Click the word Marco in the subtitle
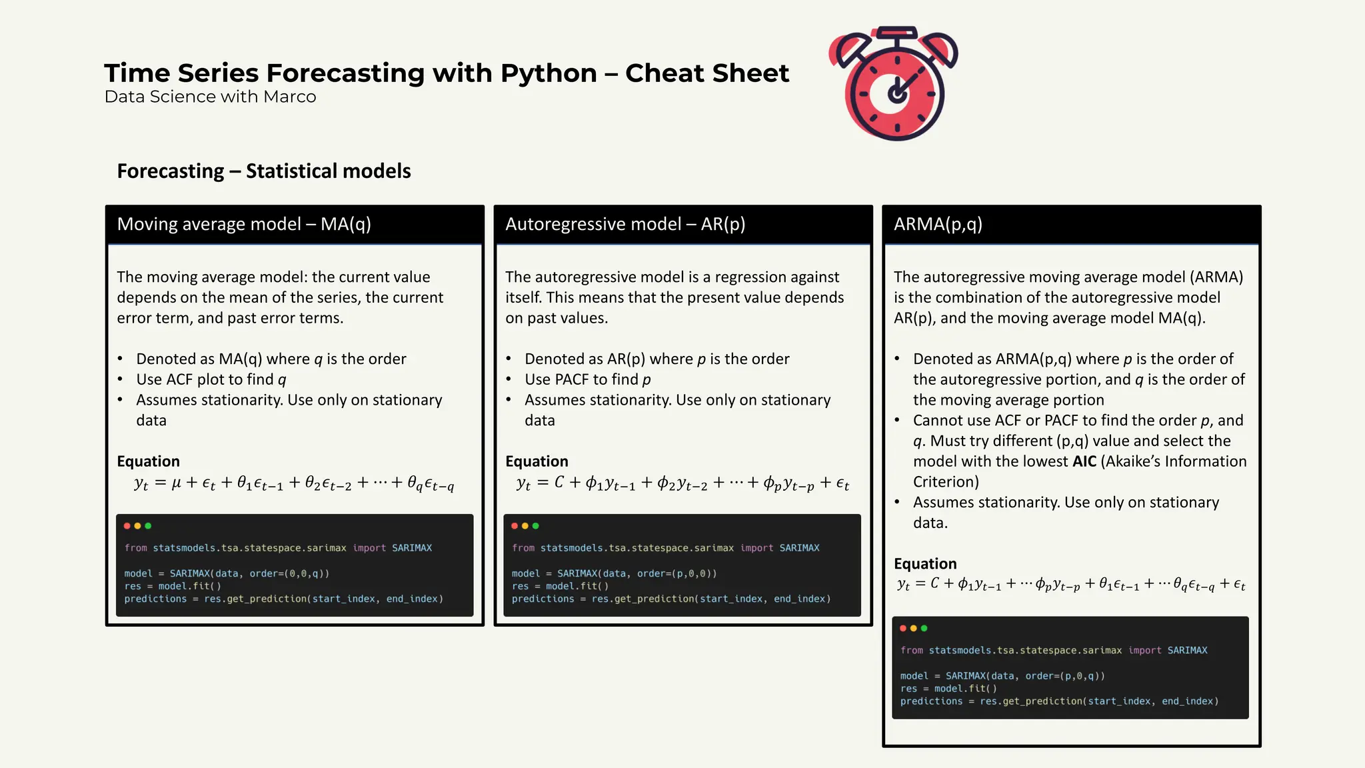(289, 97)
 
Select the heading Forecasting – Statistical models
(264, 171)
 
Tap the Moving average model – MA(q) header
(244, 224)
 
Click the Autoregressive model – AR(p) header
(625, 224)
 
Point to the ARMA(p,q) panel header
(938, 224)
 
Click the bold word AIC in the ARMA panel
(1084, 461)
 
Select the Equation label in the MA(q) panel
(148, 461)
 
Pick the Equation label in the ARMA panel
(924, 564)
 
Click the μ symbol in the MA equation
(176, 483)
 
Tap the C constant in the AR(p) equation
(559, 482)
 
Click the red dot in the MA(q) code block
(127, 526)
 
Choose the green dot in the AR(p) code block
(536, 526)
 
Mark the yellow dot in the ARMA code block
(913, 628)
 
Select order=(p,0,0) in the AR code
(677, 573)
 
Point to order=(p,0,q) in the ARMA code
(1064, 676)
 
